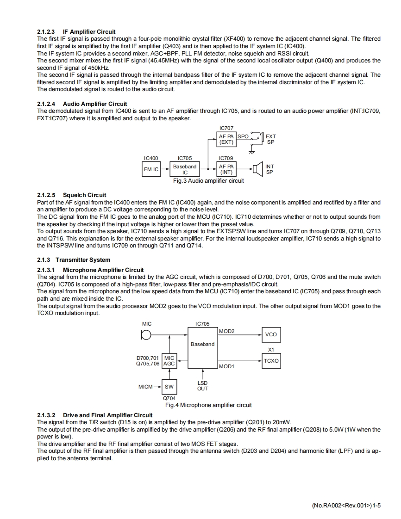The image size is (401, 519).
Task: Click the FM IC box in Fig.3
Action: pyautogui.click(x=151, y=169)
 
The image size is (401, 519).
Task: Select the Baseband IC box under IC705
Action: pyautogui.click(x=185, y=169)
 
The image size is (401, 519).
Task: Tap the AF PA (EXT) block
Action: pyautogui.click(x=226, y=139)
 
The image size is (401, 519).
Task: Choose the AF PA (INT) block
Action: pyautogui.click(x=226, y=169)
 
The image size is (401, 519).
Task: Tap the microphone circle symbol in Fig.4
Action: pyautogui.click(x=146, y=335)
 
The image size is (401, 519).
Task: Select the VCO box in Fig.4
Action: pyautogui.click(x=271, y=334)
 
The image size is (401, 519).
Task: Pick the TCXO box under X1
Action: pyautogui.click(x=271, y=360)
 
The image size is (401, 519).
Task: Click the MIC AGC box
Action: pyautogui.click(x=169, y=361)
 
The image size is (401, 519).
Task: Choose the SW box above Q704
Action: pyautogui.click(x=169, y=386)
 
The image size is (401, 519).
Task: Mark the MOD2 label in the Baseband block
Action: pyautogui.click(x=226, y=331)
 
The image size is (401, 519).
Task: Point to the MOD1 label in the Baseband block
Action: pyautogui.click(x=226, y=366)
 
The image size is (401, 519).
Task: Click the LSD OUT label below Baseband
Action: pyautogui.click(x=202, y=386)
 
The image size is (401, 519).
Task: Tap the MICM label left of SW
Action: pyautogui.click(x=146, y=386)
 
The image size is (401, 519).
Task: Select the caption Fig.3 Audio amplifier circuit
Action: pyautogui.click(x=208, y=181)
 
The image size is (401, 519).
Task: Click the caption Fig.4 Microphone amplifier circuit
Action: pyautogui.click(x=208, y=405)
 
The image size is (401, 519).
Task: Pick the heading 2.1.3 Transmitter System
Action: pyautogui.click(x=74, y=260)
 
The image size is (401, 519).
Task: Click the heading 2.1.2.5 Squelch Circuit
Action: pyautogui.click(x=71, y=195)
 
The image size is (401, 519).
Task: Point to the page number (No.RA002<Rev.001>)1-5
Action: pyautogui.click(x=346, y=506)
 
